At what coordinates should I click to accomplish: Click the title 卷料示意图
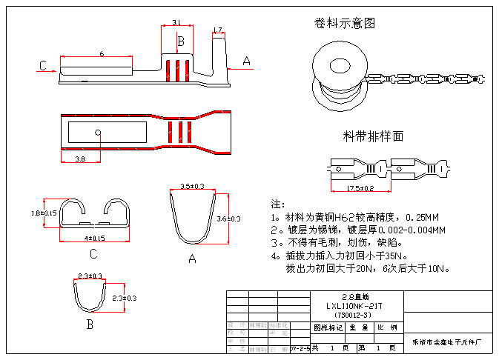pyautogui.click(x=346, y=24)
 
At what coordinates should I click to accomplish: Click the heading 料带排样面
pyautogui.click(x=373, y=136)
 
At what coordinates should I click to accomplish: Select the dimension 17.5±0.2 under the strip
pyautogui.click(x=360, y=188)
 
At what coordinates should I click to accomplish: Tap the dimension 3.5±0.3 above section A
pyautogui.click(x=193, y=185)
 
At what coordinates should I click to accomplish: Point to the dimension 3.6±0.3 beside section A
pyautogui.click(x=228, y=219)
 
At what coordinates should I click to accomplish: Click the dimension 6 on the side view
pyautogui.click(x=102, y=53)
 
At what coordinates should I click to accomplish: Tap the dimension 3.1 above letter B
pyautogui.click(x=176, y=21)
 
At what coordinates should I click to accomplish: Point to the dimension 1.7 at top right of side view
pyautogui.click(x=217, y=30)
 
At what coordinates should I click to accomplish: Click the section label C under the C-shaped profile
pyautogui.click(x=93, y=255)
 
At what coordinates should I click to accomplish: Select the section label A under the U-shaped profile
pyautogui.click(x=192, y=259)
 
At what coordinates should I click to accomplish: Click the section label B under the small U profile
pyautogui.click(x=89, y=324)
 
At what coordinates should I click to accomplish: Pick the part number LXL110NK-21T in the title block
pyautogui.click(x=354, y=305)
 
